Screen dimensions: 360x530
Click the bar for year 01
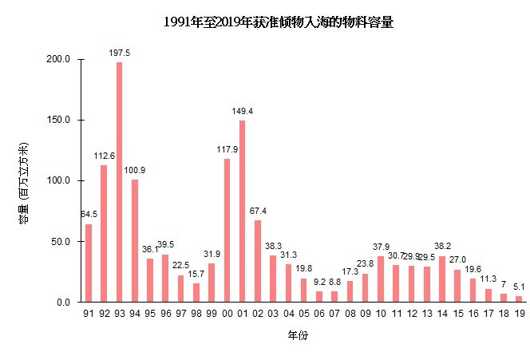pyautogui.click(x=242, y=212)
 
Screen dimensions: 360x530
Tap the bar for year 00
pyautogui.click(x=227, y=231)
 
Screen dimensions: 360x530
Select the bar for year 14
pyautogui.click(x=441, y=279)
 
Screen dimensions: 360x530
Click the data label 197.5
pyautogui.click(x=119, y=53)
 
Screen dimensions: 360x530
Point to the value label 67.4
pyautogui.click(x=257, y=211)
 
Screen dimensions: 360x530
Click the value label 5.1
pyautogui.click(x=518, y=287)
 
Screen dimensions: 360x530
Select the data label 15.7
pyautogui.click(x=196, y=274)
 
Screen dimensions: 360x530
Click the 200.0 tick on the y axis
pyautogui.click(x=61, y=60)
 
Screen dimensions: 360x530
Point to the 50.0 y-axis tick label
pyautogui.click(x=63, y=242)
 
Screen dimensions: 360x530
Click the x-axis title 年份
pyautogui.click(x=298, y=336)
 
